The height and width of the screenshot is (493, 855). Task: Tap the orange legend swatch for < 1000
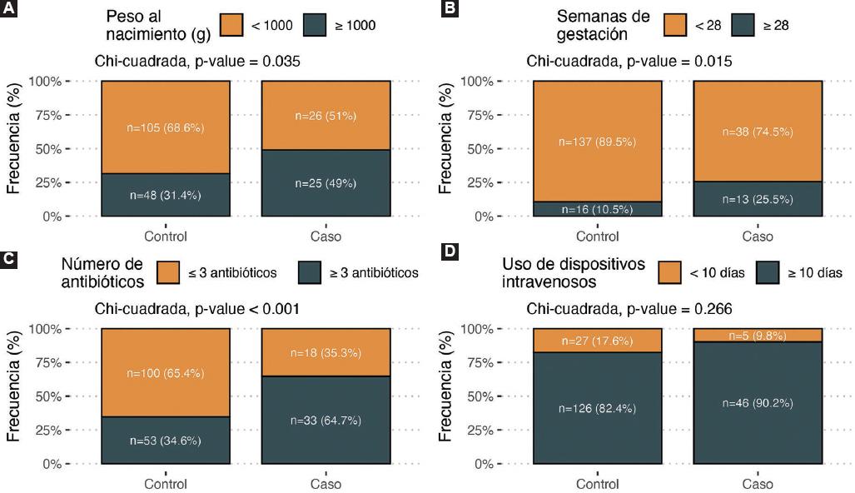coord(232,24)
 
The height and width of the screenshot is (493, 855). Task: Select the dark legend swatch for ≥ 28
coord(743,25)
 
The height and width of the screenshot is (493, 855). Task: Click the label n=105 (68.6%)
coord(166,127)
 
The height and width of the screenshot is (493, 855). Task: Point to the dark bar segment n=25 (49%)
coord(326,183)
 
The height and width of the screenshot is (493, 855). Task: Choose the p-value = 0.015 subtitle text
coord(629,62)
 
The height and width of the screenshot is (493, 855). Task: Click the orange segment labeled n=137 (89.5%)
coord(597,142)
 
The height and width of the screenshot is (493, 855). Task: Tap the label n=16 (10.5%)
coord(597,210)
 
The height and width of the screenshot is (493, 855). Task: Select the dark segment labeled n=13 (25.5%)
coord(758,200)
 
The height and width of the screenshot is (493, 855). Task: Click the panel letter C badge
coord(9,258)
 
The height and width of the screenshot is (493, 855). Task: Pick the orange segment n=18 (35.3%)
coord(326,352)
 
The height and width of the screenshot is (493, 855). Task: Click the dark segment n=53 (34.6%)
coord(166,441)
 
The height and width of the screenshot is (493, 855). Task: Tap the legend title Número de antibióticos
coord(102,272)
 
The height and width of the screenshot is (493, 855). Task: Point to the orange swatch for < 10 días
coord(671,272)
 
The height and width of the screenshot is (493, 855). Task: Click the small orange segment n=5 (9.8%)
coord(758,336)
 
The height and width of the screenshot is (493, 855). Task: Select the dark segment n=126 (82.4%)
coord(597,408)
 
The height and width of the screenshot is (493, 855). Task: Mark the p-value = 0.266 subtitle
coord(629,309)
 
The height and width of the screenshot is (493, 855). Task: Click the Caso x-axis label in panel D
coord(758,484)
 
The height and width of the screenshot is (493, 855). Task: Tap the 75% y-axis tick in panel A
coord(45,115)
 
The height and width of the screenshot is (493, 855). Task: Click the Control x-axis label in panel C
coord(166,484)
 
